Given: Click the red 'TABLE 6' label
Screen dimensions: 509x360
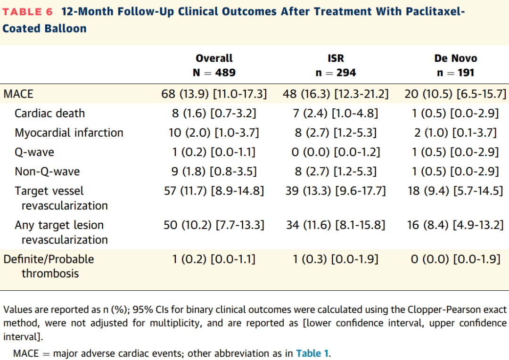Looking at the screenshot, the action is (28, 12).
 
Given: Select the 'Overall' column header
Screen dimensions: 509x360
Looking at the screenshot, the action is (214, 58).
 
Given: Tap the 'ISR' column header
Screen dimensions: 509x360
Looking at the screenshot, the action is (336, 58).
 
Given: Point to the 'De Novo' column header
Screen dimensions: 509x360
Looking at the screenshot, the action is (456, 58).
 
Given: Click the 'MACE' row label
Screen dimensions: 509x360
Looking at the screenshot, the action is (18, 94).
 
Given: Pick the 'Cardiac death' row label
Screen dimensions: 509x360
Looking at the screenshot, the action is (49, 113).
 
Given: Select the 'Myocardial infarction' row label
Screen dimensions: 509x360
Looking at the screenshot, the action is (69, 133).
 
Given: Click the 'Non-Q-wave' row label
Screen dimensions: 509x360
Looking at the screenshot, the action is (48, 172).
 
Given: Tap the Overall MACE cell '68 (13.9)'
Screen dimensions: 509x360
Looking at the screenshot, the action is (185, 94).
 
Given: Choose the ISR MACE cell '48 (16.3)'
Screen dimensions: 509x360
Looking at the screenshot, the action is (306, 94).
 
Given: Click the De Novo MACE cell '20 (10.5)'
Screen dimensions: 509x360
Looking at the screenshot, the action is (428, 94).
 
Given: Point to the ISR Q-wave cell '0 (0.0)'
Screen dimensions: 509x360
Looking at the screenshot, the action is (310, 152).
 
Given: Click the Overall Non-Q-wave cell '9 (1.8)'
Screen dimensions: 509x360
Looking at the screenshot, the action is (189, 172).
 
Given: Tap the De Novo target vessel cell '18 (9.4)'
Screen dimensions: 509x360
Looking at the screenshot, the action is (428, 191).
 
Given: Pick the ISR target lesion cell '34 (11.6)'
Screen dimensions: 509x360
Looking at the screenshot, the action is (308, 225).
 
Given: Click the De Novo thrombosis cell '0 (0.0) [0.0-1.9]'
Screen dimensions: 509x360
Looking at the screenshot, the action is (456, 259).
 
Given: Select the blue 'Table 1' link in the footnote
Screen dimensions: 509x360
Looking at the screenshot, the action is (312, 353).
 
